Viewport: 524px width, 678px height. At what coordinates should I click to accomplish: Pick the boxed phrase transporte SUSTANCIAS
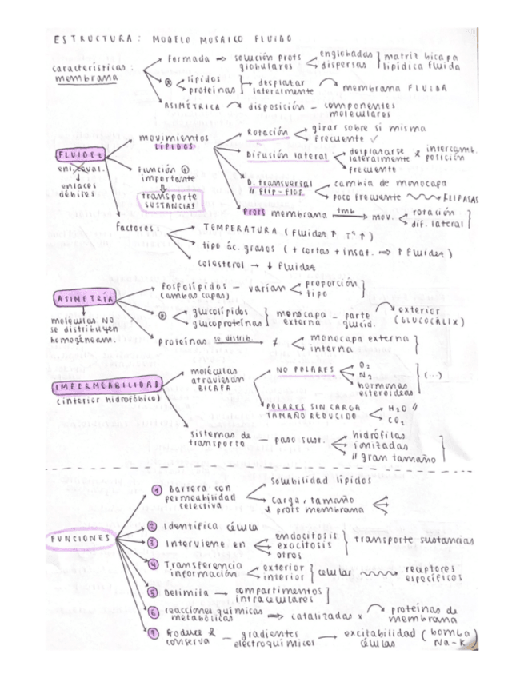click(170, 200)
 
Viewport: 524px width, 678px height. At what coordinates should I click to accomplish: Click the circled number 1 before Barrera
click(157, 489)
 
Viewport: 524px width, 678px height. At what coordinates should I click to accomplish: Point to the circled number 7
click(156, 635)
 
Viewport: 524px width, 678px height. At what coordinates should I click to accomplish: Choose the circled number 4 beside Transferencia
click(156, 566)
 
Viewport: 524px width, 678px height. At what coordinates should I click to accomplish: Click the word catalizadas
click(321, 616)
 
